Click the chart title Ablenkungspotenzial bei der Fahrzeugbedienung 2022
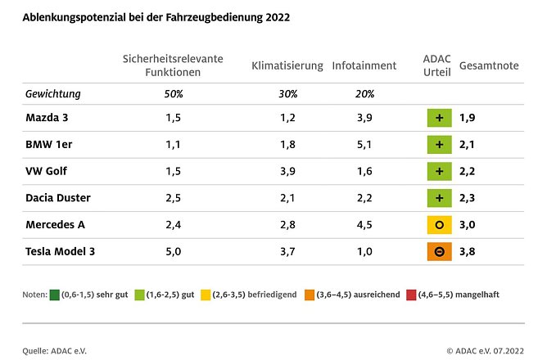tap(156, 16)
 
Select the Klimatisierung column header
tap(287, 65)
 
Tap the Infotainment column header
tap(364, 65)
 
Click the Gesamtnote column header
tap(490, 65)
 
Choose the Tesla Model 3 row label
tap(61, 251)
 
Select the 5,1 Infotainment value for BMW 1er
tap(364, 145)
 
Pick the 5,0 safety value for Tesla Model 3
tap(173, 251)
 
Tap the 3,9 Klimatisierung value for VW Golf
tap(287, 171)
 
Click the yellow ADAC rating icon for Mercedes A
tap(440, 225)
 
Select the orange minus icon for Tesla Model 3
tap(440, 251)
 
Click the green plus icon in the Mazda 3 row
tap(440, 118)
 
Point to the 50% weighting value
tap(173, 93)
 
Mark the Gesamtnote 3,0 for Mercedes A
tap(468, 225)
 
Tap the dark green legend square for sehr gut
tap(55, 294)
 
